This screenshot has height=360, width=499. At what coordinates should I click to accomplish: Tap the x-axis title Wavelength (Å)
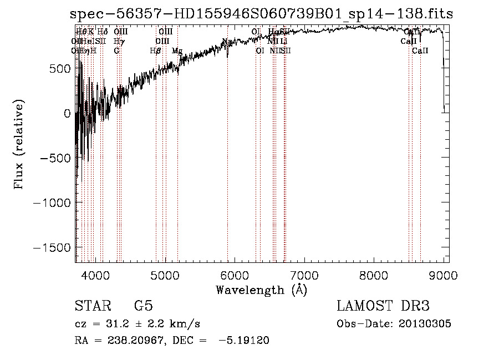261,290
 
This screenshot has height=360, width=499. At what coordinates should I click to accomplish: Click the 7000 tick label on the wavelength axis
304,275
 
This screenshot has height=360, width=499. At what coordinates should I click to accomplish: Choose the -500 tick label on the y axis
55,158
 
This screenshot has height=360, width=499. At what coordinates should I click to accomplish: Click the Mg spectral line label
177,50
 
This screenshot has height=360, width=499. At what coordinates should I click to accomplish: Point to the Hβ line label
155,50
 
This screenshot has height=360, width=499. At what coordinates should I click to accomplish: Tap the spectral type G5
143,306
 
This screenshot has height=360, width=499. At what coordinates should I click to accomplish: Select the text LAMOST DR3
383,306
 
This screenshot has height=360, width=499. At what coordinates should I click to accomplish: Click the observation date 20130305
426,324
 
